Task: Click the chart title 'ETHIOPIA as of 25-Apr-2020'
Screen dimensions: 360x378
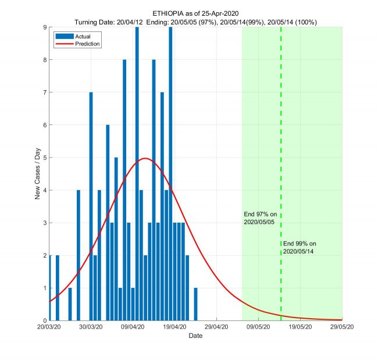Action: pos(195,13)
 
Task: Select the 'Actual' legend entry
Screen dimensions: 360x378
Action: pos(74,35)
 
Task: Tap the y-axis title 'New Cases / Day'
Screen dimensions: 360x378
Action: pos(38,173)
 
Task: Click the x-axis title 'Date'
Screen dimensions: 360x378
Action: pos(195,336)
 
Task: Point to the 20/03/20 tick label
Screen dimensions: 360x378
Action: pos(49,327)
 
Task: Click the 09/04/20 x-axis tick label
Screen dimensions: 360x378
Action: pos(133,327)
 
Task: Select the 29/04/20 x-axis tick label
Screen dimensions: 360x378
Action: pos(216,327)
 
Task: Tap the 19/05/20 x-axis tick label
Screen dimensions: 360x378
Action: pos(300,327)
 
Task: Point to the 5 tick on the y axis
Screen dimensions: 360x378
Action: pos(44,157)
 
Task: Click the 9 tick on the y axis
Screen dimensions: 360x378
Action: pos(44,27)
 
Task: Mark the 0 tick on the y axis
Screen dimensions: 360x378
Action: pos(44,320)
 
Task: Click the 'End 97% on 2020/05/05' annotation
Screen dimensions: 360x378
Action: pos(261,218)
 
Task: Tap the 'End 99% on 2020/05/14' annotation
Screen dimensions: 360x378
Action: pos(299,247)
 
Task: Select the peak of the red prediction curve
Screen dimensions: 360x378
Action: pos(145,158)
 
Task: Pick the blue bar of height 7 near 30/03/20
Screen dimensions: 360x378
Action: pos(91,206)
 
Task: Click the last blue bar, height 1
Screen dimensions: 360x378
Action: pos(195,304)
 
